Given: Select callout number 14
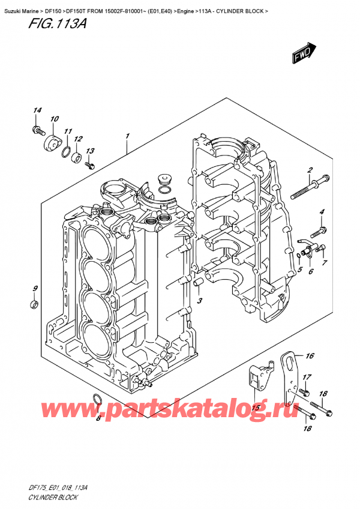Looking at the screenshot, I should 37,110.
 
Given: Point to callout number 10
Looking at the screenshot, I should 54,119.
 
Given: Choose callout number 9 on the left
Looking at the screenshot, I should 35,289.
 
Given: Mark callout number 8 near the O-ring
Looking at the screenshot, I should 98,418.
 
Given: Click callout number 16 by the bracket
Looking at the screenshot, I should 310,357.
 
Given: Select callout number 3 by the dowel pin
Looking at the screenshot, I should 200,301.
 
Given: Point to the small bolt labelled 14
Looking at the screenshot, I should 37,129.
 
